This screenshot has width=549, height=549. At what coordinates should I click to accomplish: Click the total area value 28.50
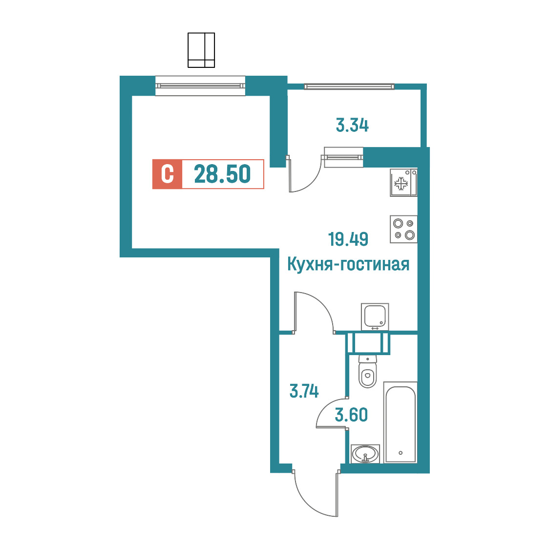(222, 174)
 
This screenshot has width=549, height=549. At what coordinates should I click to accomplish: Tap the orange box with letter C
(168, 174)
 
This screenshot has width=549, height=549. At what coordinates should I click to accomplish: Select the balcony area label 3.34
(352, 126)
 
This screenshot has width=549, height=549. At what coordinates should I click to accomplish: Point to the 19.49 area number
(348, 239)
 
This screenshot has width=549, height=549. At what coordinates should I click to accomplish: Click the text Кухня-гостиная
(348, 264)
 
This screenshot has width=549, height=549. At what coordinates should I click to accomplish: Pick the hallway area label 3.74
(304, 391)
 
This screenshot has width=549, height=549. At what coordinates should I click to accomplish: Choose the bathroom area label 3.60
(351, 415)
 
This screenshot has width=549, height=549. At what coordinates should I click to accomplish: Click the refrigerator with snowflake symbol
(404, 182)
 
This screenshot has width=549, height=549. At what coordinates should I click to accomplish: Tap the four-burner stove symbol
(404, 230)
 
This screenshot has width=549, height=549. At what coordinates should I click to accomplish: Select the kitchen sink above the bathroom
(375, 317)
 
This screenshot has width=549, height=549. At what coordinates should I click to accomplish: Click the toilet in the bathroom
(368, 372)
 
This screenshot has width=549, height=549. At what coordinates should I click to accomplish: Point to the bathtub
(401, 422)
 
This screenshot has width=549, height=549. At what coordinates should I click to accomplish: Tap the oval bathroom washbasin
(365, 454)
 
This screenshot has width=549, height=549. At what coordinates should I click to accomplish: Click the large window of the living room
(200, 86)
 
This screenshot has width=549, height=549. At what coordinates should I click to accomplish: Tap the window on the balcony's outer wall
(349, 86)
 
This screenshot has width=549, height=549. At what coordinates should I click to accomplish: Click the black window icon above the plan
(201, 50)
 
